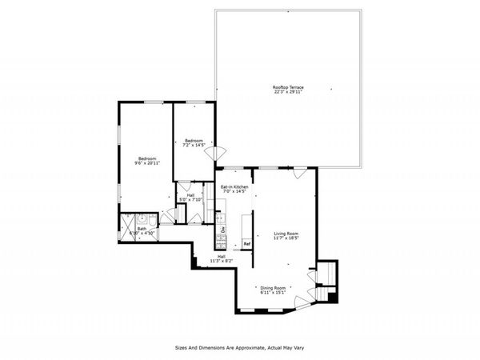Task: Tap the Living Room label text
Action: click(286, 234)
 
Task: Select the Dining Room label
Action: click(273, 288)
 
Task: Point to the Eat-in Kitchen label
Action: click(234, 186)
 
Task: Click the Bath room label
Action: click(142, 228)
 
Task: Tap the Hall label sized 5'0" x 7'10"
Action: click(191, 194)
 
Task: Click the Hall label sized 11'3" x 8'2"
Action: click(221, 257)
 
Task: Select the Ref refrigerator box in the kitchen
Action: click(247, 243)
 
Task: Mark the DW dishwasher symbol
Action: click(222, 230)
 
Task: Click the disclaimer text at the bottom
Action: click(240, 348)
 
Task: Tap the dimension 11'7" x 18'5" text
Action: click(286, 238)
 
